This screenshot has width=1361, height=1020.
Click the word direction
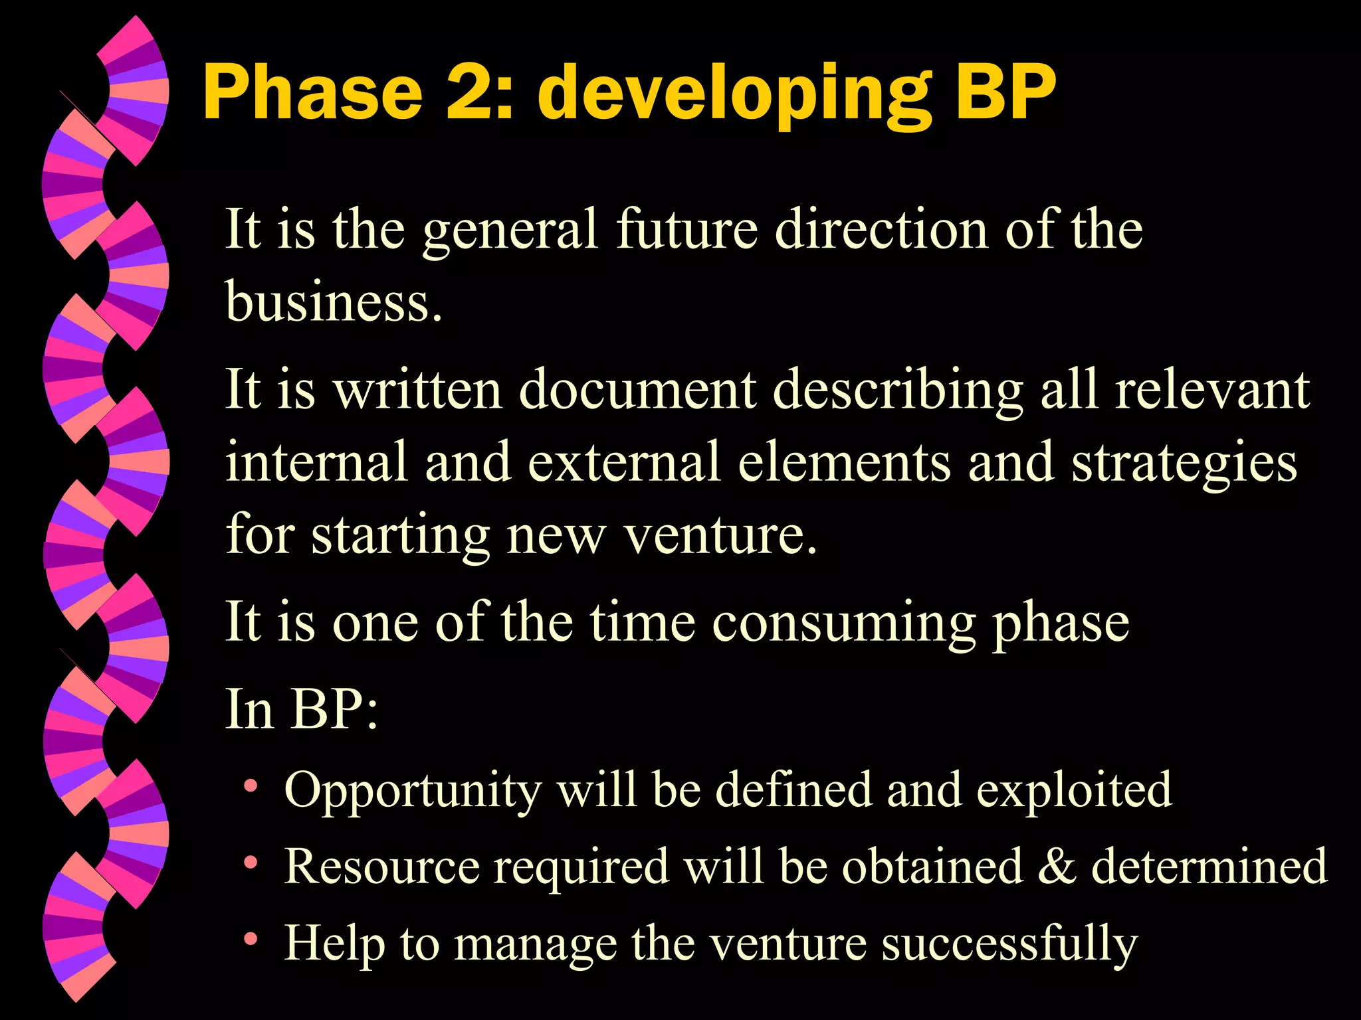pos(881,229)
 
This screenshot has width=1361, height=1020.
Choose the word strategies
pos(1184,464)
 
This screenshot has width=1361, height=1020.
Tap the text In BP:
pos(302,709)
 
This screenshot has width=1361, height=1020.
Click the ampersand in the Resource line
pos(1056,866)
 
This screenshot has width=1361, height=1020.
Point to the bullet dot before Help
pos(251,939)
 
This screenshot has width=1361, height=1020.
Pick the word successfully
pos(1009,944)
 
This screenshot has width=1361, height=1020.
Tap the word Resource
pos(381,866)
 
